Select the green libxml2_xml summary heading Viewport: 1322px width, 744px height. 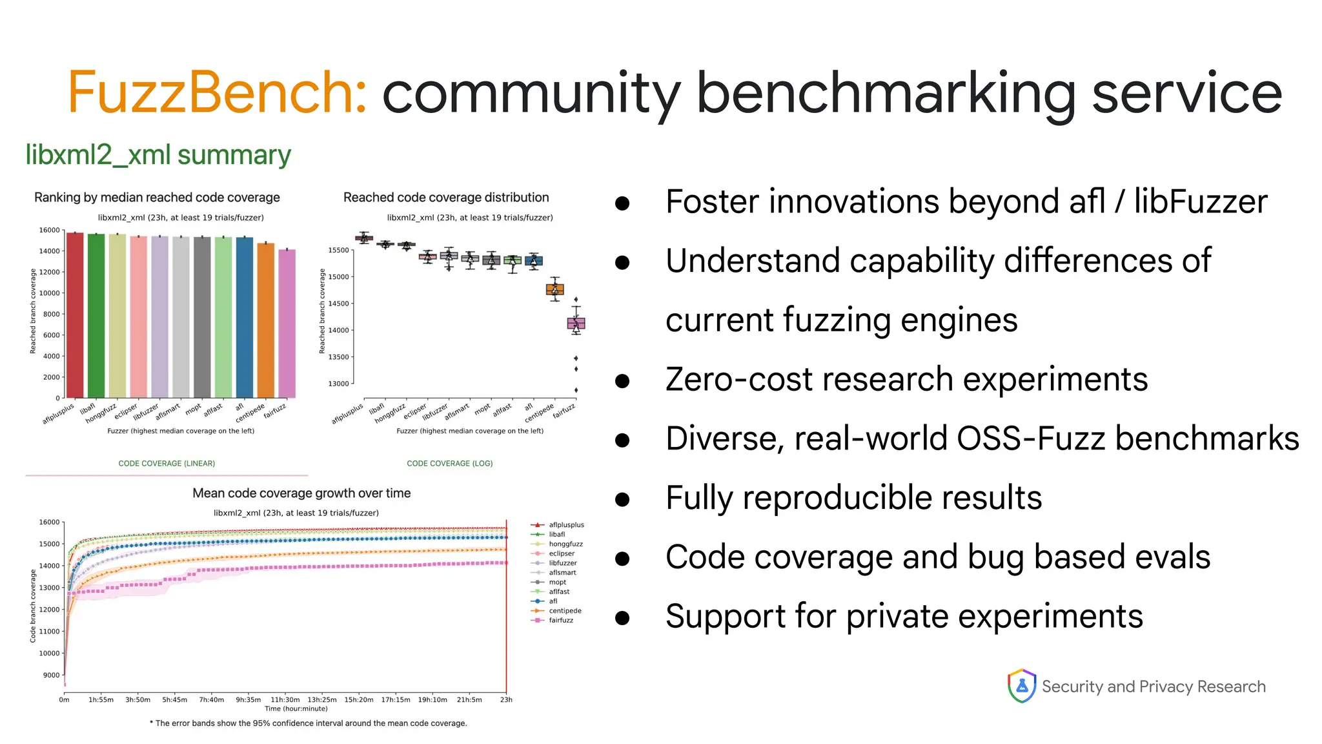(x=158, y=155)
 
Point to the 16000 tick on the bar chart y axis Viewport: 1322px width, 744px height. (x=49, y=230)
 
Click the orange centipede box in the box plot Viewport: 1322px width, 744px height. (x=554, y=289)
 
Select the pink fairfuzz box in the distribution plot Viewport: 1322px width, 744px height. (x=576, y=323)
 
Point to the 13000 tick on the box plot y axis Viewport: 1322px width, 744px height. (x=338, y=384)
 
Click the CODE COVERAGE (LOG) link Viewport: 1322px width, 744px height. (x=449, y=463)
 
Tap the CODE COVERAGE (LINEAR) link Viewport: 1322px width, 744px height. (x=167, y=463)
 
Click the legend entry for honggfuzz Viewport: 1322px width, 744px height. (x=565, y=544)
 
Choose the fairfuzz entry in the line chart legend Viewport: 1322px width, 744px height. (x=560, y=620)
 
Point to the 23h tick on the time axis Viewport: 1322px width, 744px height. (x=506, y=699)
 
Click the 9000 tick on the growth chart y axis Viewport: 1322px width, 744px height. (x=51, y=675)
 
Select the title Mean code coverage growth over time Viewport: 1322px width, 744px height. (x=301, y=493)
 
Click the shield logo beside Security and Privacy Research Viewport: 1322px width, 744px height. (x=1021, y=686)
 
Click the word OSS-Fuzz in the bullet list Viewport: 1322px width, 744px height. (x=1031, y=439)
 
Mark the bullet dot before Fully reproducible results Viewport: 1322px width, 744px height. (x=622, y=499)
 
